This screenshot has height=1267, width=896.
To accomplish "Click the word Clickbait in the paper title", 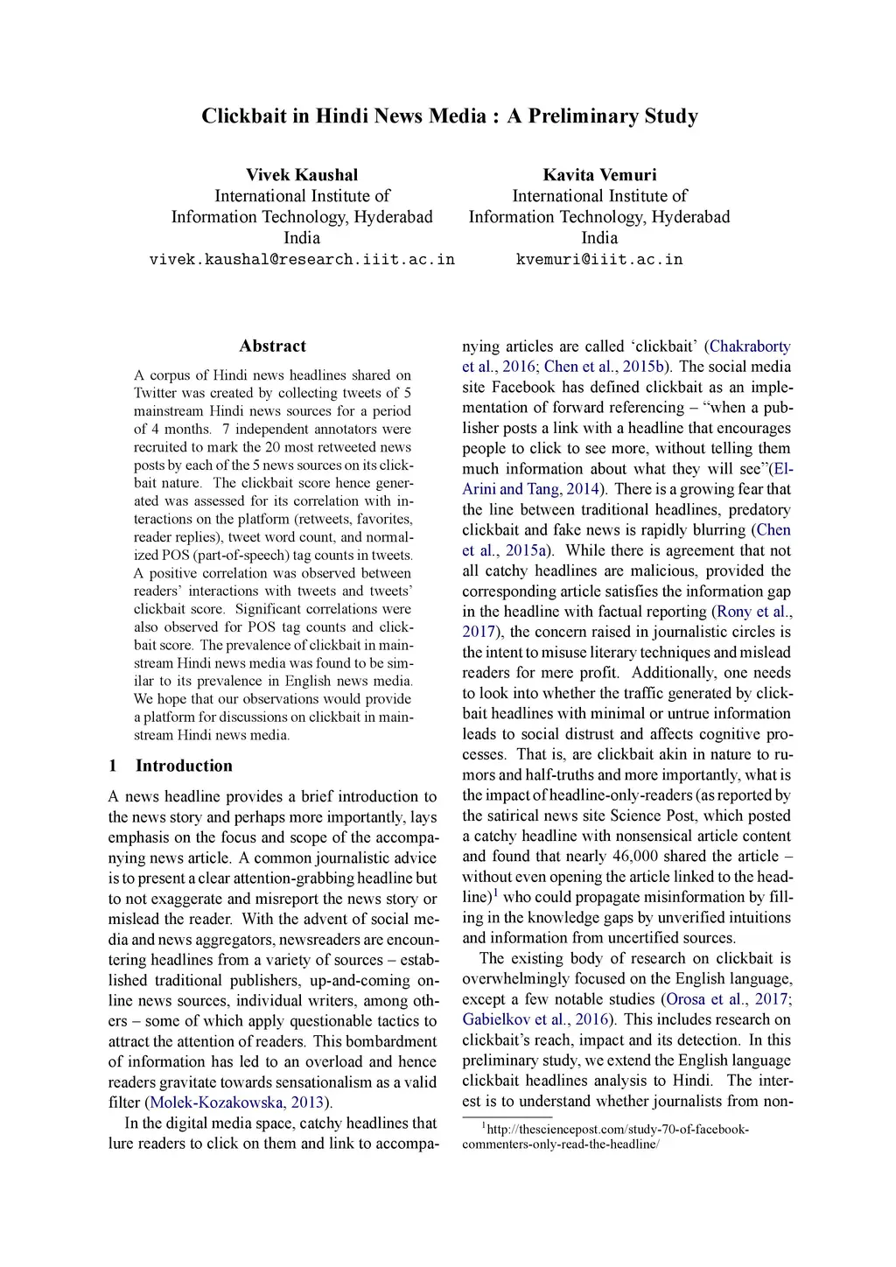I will [244, 116].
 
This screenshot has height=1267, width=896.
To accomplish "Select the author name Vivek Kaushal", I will [302, 175].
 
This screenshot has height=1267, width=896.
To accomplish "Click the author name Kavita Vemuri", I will [599, 175].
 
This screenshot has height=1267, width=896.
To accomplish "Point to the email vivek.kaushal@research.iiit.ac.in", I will [302, 260].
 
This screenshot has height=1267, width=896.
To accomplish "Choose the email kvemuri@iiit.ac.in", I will [599, 260].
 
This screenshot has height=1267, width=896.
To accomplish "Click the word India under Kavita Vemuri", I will [599, 238].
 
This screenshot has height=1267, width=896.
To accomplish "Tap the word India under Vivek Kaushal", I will [302, 238].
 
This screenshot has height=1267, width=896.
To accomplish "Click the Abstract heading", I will [272, 346].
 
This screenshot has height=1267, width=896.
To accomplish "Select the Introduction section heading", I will [184, 766].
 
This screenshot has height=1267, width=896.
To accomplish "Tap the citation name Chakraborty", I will [750, 346].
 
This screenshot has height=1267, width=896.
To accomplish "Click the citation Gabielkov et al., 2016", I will [535, 1019].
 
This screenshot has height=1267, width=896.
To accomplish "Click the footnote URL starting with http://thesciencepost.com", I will [617, 1130].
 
